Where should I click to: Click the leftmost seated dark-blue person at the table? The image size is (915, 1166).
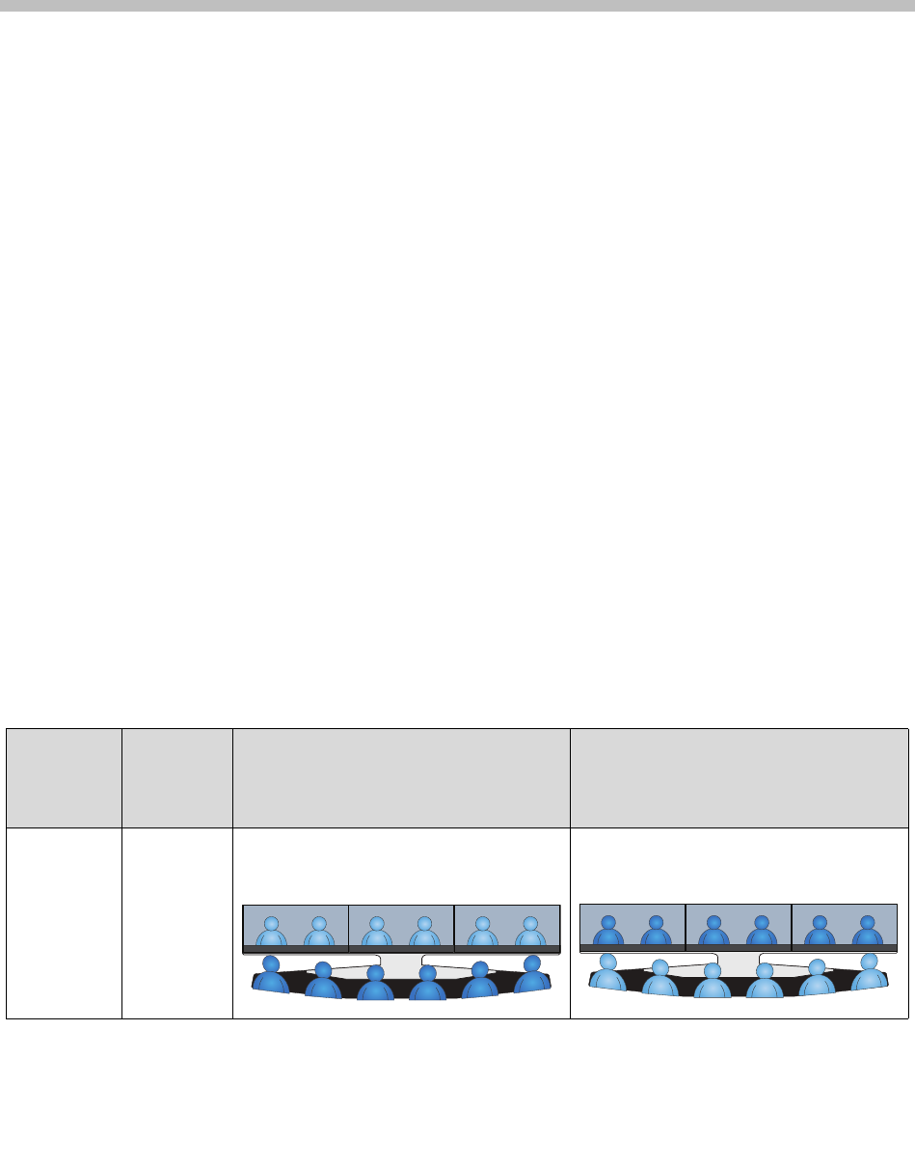(x=271, y=975)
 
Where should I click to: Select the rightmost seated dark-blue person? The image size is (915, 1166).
(x=531, y=975)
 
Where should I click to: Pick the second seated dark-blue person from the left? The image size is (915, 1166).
(x=324, y=982)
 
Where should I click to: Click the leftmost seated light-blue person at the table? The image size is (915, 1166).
(x=608, y=974)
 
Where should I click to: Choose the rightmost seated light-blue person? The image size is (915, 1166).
(x=869, y=974)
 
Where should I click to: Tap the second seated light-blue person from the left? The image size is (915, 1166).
(x=660, y=980)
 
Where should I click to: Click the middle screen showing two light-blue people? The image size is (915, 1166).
(x=400, y=929)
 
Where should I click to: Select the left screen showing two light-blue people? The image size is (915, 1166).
(x=295, y=929)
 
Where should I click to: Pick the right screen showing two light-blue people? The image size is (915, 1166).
(x=506, y=929)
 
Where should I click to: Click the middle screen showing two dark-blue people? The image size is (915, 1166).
(x=738, y=929)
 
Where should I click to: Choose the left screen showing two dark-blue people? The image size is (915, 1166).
(x=632, y=929)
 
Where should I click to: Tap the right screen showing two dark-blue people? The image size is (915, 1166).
(x=844, y=929)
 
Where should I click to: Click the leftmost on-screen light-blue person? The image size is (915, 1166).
(x=272, y=933)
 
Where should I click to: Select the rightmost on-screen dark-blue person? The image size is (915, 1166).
(x=867, y=933)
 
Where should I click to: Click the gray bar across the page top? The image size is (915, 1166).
(x=457, y=6)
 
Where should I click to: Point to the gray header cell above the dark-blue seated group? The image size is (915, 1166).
(x=401, y=778)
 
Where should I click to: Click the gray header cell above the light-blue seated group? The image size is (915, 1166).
(x=739, y=778)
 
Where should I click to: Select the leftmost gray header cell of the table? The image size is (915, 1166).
(x=64, y=778)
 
